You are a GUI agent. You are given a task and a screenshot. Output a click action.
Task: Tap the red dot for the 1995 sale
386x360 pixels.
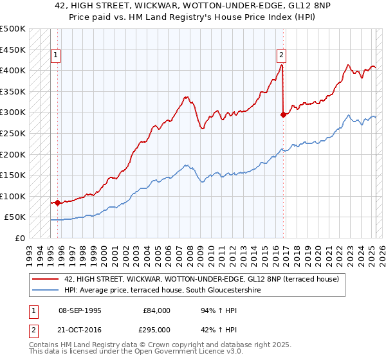tap(58, 203)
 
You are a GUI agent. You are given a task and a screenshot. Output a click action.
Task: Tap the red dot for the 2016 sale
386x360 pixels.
tap(283, 114)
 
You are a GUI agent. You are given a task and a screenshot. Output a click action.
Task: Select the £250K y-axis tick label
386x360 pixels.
tap(13, 134)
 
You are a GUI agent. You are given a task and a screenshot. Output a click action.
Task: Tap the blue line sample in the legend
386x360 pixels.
tap(46, 290)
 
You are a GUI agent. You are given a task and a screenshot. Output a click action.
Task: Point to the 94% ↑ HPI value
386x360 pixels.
tap(217, 310)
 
